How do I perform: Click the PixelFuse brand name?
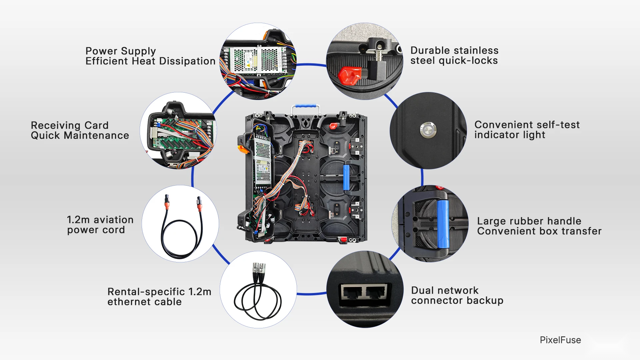pos(560,340)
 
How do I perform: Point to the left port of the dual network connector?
pos(352,292)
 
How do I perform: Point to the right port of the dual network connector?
pos(376,292)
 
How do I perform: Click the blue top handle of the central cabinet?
pos(306,106)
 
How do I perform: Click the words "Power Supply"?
pos(121,51)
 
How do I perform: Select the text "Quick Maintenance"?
pos(80,136)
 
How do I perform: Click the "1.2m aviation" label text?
pos(100,220)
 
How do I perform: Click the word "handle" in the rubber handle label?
pos(564,221)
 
